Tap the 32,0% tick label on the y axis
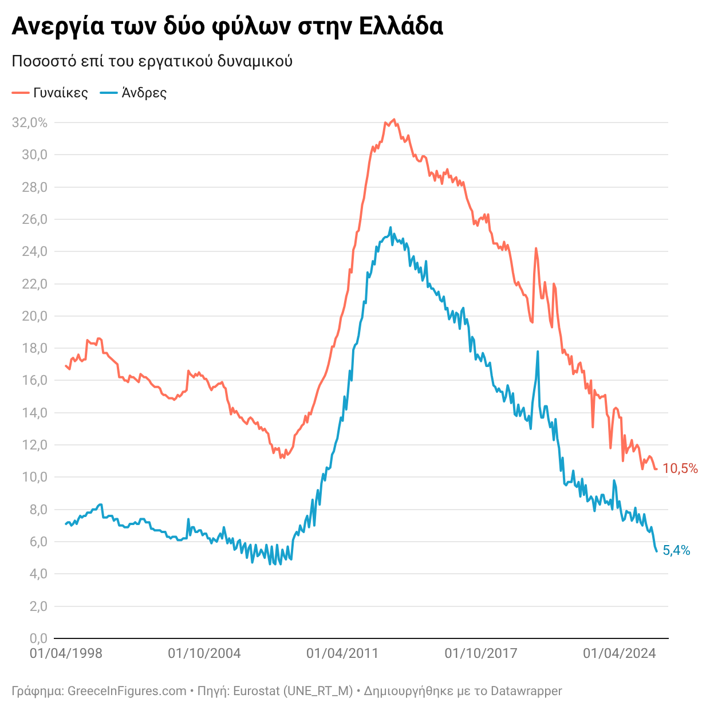click(x=30, y=123)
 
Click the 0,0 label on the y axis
click(x=38, y=638)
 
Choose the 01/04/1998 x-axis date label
click(x=66, y=653)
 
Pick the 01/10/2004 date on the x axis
click(x=204, y=653)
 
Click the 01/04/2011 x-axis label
click(x=342, y=653)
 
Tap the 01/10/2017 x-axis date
click(x=481, y=653)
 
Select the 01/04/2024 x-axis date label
click(x=619, y=653)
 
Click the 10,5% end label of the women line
click(x=680, y=469)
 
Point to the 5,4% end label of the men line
click(x=676, y=551)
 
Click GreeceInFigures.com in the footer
click(x=127, y=691)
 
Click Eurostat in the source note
click(x=257, y=691)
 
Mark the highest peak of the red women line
click(x=393, y=120)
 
